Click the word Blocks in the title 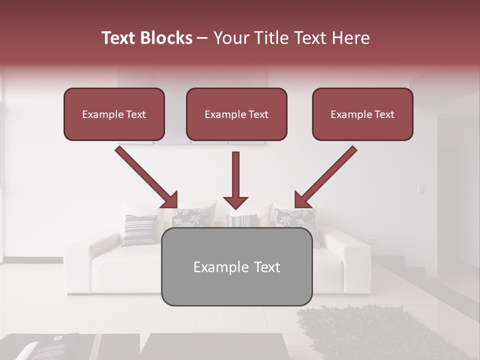[x=167, y=38]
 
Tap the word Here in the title [x=348, y=38]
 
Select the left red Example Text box [x=114, y=114]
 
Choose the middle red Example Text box [x=236, y=114]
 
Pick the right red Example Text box [x=362, y=114]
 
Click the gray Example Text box [x=236, y=267]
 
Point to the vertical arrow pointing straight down [x=235, y=180]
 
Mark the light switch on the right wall [x=421, y=188]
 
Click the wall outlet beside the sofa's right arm [x=371, y=240]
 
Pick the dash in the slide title [x=202, y=38]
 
